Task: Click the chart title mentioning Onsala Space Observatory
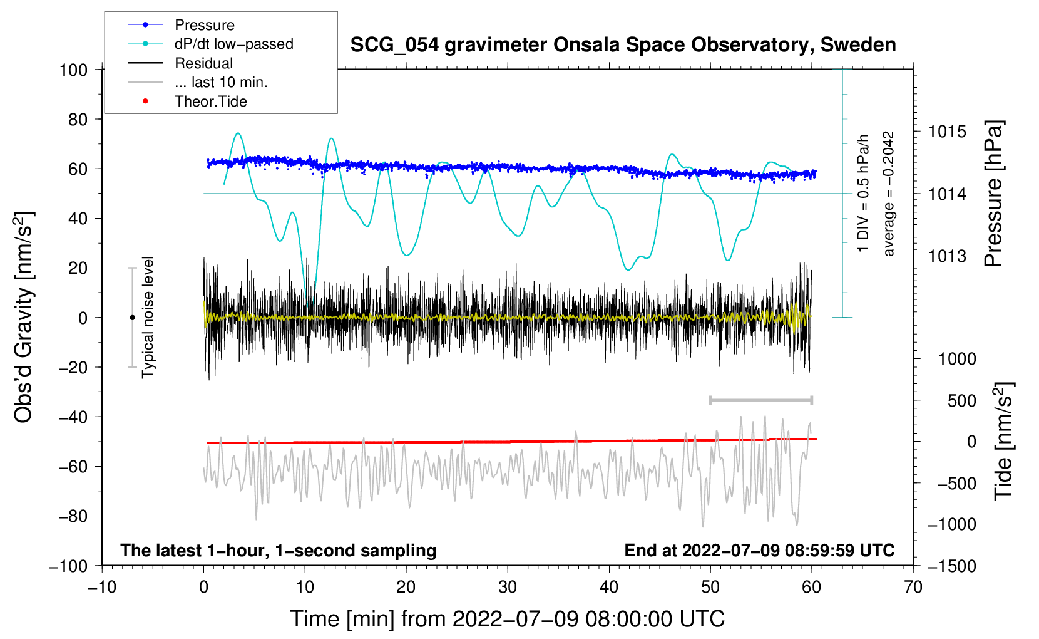[x=623, y=45]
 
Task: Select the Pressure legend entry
[x=204, y=25]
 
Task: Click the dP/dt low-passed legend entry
[x=233, y=44]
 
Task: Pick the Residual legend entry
[x=203, y=63]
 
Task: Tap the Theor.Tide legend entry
[x=210, y=101]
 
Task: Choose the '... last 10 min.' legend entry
[x=221, y=82]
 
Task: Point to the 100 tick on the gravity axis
[x=74, y=70]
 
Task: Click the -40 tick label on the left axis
[x=73, y=417]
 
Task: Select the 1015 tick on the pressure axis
[x=947, y=132]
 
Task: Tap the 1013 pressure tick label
[x=947, y=256]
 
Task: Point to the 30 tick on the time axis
[x=508, y=587]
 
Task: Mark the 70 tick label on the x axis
[x=913, y=587]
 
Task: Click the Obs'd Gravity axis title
[x=24, y=317]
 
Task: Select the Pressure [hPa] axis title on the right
[x=993, y=194]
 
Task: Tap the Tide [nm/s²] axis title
[x=1003, y=441]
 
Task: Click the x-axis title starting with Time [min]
[x=508, y=619]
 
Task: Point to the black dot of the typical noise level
[x=132, y=318]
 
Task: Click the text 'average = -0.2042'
[x=889, y=194]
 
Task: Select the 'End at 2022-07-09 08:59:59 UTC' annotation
[x=759, y=551]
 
